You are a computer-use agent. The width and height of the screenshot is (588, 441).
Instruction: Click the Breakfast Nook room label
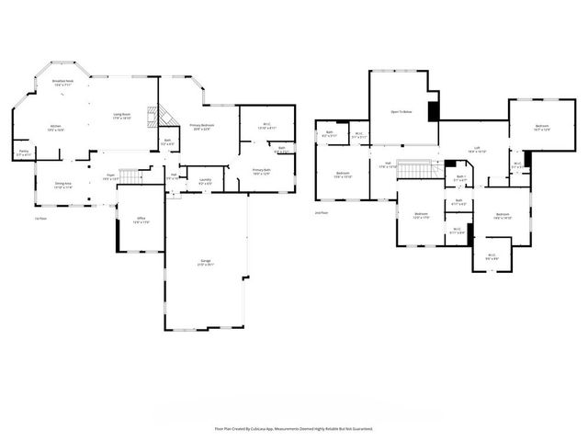click(x=62, y=84)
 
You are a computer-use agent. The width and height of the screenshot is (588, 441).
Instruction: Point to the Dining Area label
click(x=62, y=186)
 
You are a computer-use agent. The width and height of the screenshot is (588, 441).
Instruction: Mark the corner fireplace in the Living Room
click(x=166, y=115)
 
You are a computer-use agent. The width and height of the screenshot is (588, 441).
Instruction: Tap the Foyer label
click(x=108, y=175)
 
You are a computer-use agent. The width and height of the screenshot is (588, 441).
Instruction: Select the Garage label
click(x=204, y=262)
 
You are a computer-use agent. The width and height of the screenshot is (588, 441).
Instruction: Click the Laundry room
click(x=206, y=181)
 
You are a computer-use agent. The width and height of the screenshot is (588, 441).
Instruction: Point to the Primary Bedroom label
click(x=201, y=128)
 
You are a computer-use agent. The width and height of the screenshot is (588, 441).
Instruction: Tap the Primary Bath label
click(x=261, y=171)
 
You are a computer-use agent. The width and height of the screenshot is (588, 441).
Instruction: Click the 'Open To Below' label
click(x=401, y=112)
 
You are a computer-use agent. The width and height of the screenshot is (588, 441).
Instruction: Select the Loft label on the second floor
click(x=477, y=149)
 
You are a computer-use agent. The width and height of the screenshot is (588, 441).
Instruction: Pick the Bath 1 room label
click(x=461, y=178)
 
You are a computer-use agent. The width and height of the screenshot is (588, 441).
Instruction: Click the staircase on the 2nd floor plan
click(x=418, y=172)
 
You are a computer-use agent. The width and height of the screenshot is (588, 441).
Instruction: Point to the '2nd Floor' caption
click(x=322, y=212)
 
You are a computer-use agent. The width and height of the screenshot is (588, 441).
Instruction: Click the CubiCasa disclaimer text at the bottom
click(x=294, y=428)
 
